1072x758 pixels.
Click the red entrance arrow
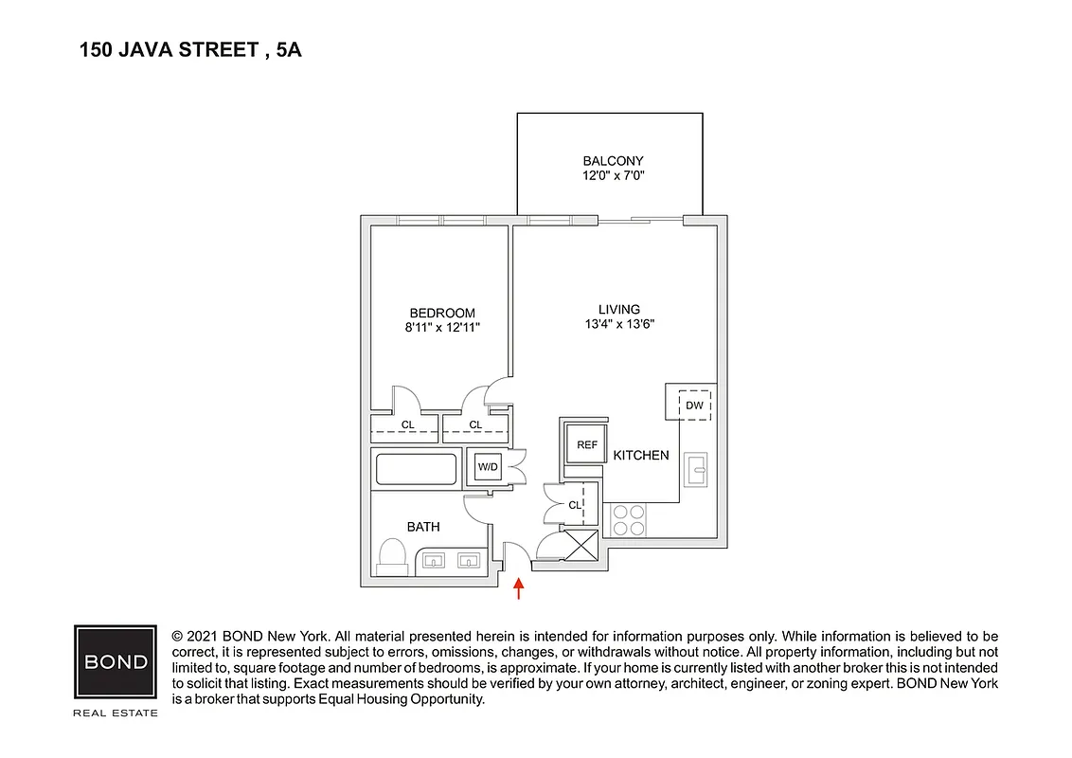pos(518,588)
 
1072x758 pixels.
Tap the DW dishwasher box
pos(695,406)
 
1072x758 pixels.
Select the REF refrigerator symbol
pos(585,444)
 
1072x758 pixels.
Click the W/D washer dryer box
pos(488,467)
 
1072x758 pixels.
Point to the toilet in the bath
pos(391,556)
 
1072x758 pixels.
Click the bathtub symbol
pos(417,469)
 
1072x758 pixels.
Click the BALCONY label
pos(613,161)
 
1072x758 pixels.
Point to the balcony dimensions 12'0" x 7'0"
pos(613,176)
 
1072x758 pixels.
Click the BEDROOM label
pos(442,313)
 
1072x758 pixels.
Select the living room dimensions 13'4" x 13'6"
pos(619,324)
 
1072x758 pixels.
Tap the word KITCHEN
pos(641,456)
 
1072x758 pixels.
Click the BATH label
pos(423,527)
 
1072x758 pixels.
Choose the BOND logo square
pos(116,662)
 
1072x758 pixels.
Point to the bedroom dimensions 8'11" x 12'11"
pos(442,328)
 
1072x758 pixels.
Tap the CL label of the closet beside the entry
pos(574,505)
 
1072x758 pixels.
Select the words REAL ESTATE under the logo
pos(116,713)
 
